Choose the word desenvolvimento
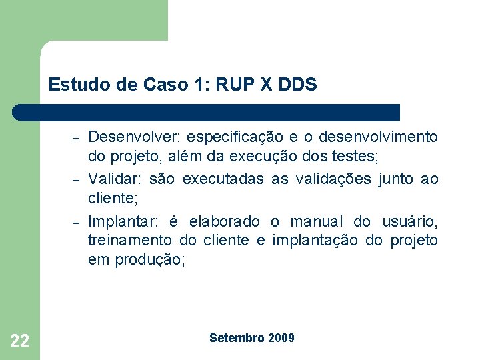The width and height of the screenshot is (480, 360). (x=379, y=137)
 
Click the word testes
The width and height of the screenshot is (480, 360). (x=358, y=158)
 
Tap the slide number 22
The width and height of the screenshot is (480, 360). (x=20, y=341)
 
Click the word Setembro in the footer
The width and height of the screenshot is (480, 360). (x=237, y=338)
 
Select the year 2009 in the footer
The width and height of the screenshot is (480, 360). (x=281, y=338)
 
